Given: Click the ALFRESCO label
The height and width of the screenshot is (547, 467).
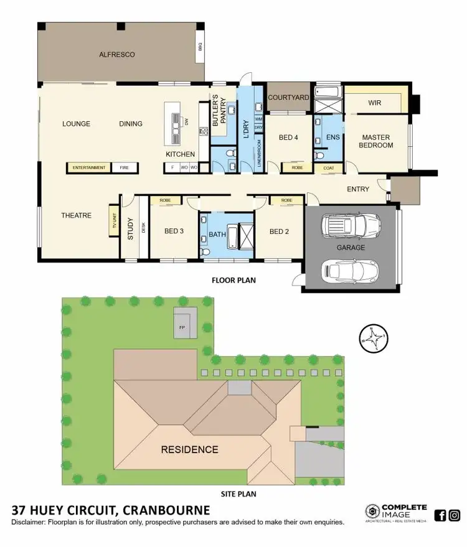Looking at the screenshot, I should pyautogui.click(x=117, y=55).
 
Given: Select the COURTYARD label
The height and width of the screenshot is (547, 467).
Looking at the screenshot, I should pyautogui.click(x=288, y=98).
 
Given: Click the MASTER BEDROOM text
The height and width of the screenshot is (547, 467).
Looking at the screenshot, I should pyautogui.click(x=377, y=141).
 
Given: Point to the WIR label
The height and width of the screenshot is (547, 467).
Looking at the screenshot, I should pyautogui.click(x=374, y=103).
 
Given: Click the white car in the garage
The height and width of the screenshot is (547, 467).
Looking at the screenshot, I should pyautogui.click(x=351, y=270).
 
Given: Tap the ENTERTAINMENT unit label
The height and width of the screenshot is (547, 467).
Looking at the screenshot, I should pyautogui.click(x=89, y=168).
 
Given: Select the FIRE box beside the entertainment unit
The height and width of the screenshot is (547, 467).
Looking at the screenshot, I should pyautogui.click(x=124, y=168).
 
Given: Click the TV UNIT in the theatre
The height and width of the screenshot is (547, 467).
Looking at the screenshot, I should pyautogui.click(x=114, y=221).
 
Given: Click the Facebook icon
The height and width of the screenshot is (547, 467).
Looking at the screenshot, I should pyautogui.click(x=440, y=515).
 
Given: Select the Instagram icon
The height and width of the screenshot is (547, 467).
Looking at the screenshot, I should pyautogui.click(x=455, y=515).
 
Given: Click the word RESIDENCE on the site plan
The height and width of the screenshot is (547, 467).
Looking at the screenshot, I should pyautogui.click(x=189, y=449).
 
